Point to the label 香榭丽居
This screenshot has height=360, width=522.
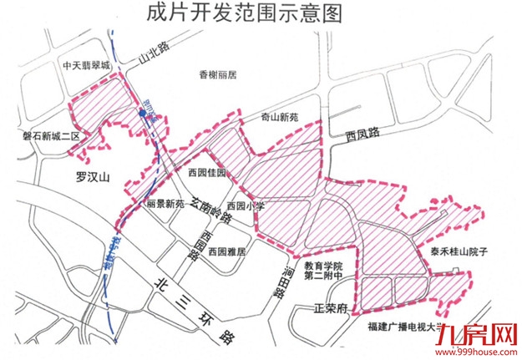pyautogui.click(x=218, y=74)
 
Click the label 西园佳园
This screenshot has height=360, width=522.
pyautogui.click(x=207, y=174)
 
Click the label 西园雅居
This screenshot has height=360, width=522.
pyautogui.click(x=227, y=251)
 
